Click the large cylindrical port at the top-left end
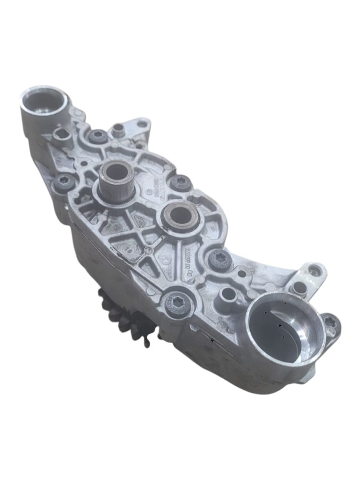pos(44,102)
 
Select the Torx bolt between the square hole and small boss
pos(98,136)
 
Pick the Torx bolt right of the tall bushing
pos(181,182)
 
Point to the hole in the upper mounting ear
pos(142,124)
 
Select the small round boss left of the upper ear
pos(118,129)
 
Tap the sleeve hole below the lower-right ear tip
pos(299,288)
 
